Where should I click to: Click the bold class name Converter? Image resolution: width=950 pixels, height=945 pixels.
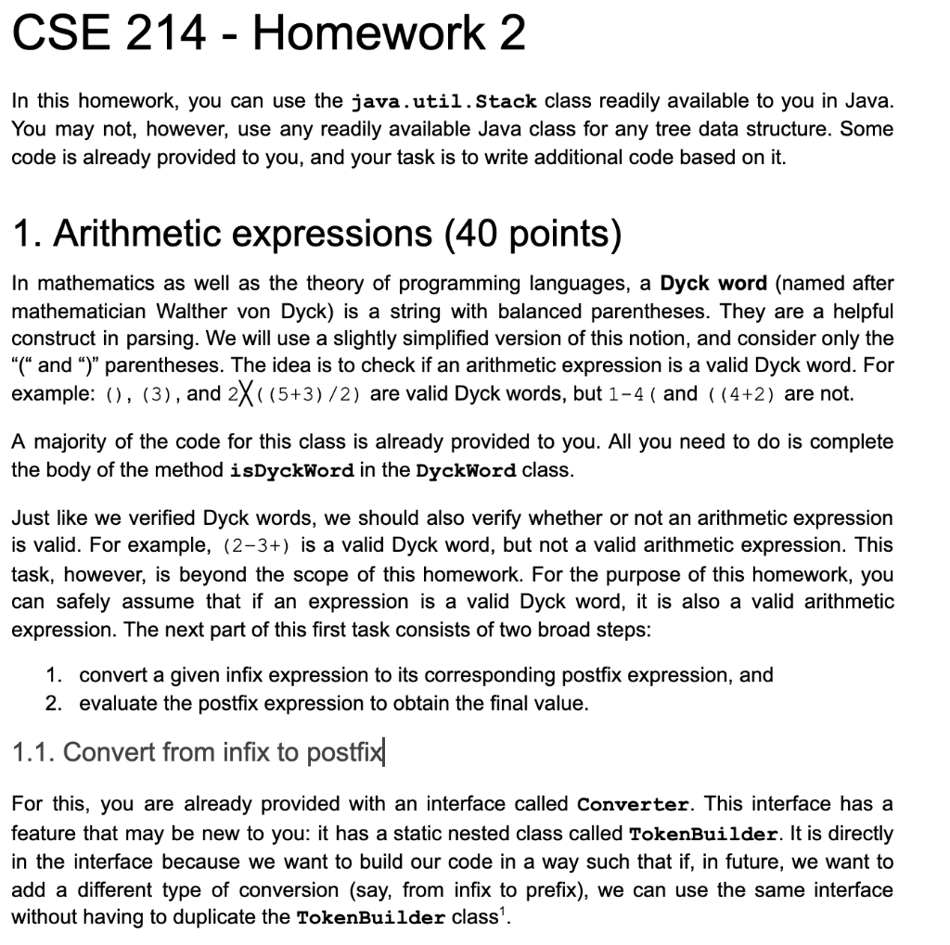[x=633, y=804]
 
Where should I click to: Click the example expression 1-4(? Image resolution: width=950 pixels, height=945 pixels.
[x=633, y=394]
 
